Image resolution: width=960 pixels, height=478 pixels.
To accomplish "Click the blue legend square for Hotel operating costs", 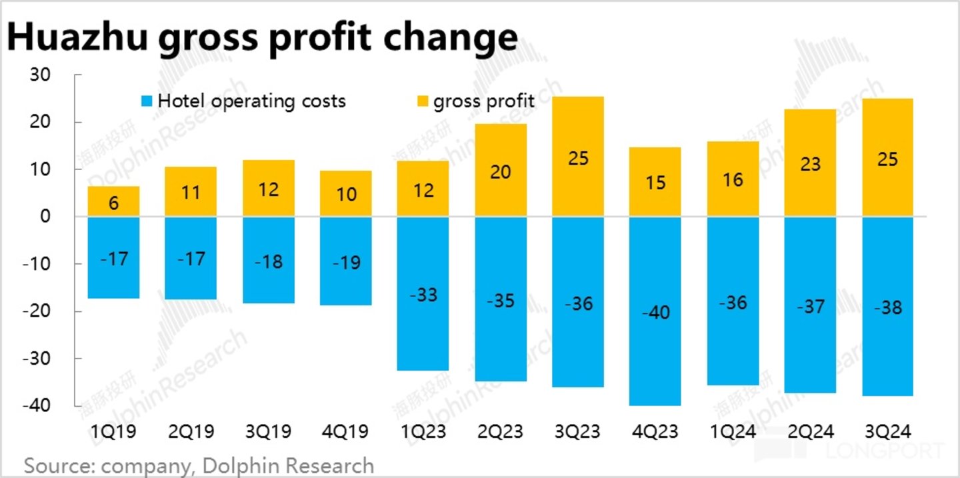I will click(147, 102).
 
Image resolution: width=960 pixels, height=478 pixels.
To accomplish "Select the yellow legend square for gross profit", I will click(422, 102).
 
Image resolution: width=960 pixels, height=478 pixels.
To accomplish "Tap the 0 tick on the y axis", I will click(46, 217).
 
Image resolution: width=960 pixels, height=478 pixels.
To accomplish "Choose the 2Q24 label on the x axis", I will click(810, 432).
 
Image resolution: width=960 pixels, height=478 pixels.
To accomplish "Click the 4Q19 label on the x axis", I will click(346, 432).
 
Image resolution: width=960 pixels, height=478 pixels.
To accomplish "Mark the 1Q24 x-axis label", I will click(733, 432).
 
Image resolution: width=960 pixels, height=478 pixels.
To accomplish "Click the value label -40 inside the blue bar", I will click(655, 311).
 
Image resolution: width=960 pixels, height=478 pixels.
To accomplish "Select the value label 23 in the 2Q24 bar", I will click(810, 164).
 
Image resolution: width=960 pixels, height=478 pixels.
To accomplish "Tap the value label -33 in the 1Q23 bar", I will click(423, 294).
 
